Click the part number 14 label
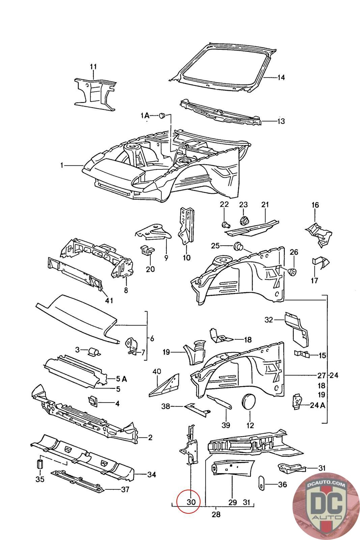pos(281,78)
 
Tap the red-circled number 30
pos(191,502)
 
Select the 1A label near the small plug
pos(145,116)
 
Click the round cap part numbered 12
pos(250,401)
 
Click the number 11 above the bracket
pos(93,66)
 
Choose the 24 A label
pos(317,405)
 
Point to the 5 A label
pos(120,379)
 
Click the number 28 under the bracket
pos(216,514)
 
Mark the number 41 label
pos(109,300)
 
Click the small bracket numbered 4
pos(92,401)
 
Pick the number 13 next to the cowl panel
pos(281,121)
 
